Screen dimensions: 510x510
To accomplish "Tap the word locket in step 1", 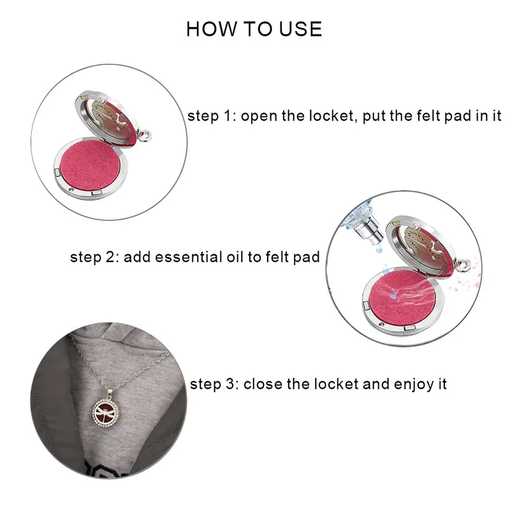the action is (x=331, y=116).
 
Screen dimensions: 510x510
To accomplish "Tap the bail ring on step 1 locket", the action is (x=145, y=135).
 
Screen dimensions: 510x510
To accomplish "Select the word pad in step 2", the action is (x=307, y=258).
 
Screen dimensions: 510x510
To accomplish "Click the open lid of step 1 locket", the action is (x=106, y=119).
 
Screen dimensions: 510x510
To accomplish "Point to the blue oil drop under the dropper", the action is (x=379, y=249).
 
